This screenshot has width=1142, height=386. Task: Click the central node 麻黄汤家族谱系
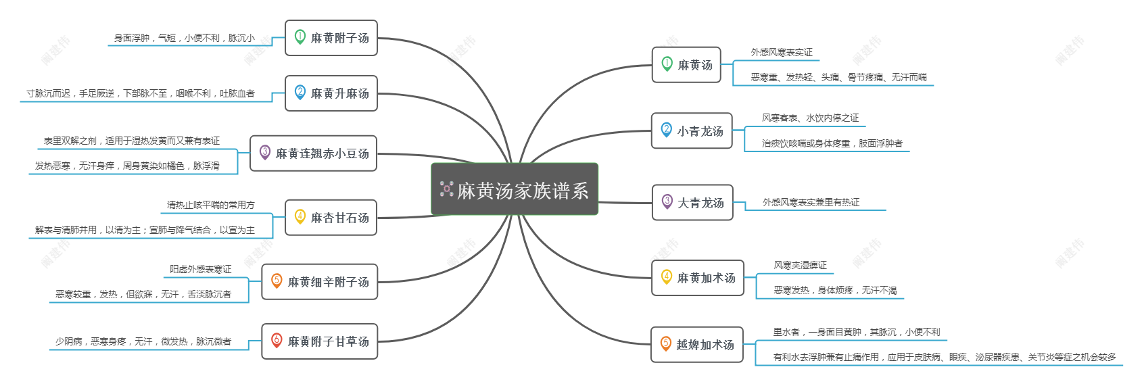coord(515,189)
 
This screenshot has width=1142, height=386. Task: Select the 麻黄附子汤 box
coord(331,38)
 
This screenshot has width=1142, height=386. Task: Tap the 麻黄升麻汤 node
coord(331,93)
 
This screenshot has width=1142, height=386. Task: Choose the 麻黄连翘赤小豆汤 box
coord(313,153)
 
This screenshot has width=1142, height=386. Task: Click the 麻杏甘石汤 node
coord(331,218)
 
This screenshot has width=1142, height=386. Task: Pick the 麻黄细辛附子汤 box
coord(319,281)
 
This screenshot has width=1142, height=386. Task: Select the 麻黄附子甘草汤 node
coord(319,341)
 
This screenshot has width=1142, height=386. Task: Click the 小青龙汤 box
coord(692,131)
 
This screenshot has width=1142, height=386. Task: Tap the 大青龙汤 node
coord(692,202)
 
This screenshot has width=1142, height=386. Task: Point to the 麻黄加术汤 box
coord(697,278)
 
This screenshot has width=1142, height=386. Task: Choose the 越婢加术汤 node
coord(697,345)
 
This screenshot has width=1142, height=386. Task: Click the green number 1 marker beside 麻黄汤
coord(667,64)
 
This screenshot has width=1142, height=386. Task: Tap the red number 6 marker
coord(277,340)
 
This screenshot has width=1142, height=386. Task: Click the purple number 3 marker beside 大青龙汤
coord(667,201)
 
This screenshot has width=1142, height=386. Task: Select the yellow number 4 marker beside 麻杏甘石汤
coord(300,217)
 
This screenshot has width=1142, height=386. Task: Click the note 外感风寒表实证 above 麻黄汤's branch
coord(782,52)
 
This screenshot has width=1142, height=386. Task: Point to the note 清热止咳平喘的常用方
coord(210,205)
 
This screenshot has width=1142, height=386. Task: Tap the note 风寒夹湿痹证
coord(800,265)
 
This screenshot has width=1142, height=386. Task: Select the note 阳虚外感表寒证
coord(200,269)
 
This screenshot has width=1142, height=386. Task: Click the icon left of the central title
coord(447,189)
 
